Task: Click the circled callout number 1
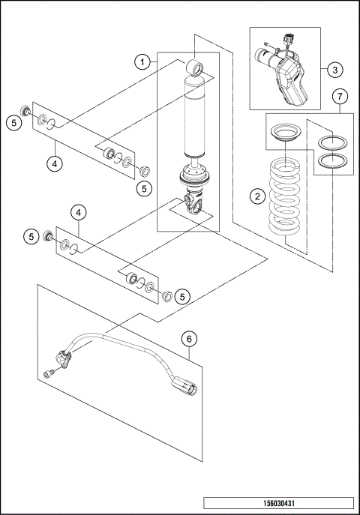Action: point(140,62)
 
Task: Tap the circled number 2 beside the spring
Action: point(257,196)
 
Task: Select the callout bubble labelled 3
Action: point(335,70)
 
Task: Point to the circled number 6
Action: point(190,340)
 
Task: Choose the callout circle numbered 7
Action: point(340,97)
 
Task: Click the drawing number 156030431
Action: point(277,502)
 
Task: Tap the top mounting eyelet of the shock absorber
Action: point(196,69)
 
